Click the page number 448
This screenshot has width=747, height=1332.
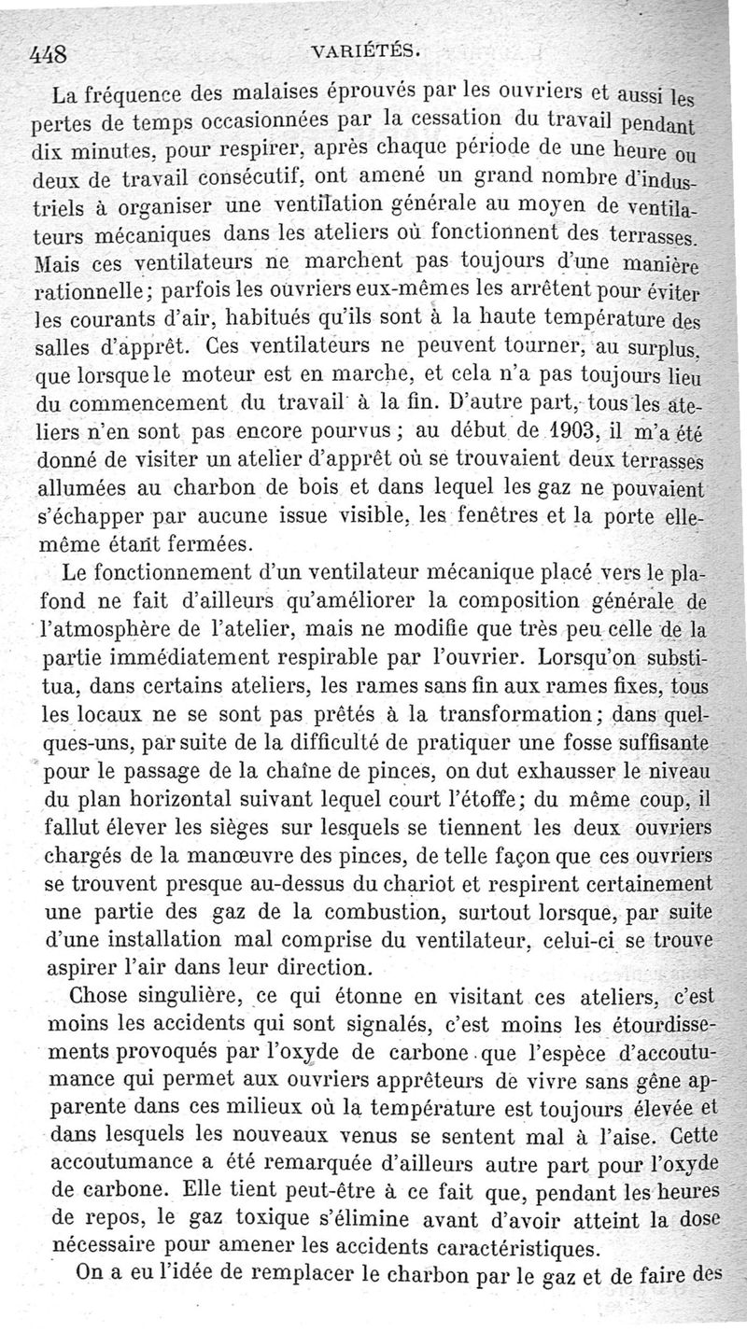pyautogui.click(x=47, y=53)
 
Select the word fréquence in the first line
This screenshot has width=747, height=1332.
pyautogui.click(x=127, y=94)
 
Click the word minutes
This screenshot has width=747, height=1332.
pyautogui.click(x=110, y=147)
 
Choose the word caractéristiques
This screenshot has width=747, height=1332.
pyautogui.click(x=513, y=1248)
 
